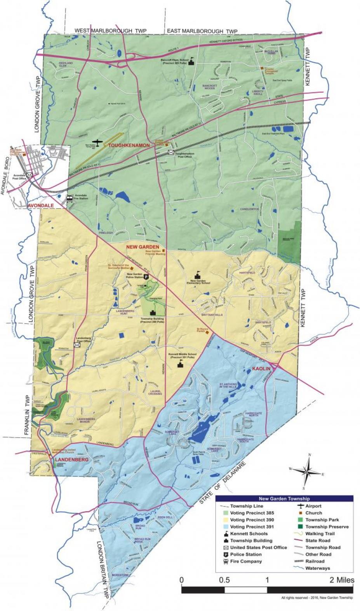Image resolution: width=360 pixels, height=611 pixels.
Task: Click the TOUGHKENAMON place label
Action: (x=129, y=145)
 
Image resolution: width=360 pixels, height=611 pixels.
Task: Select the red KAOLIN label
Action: (x=261, y=368)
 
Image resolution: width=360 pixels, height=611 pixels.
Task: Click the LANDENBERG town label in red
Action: (x=71, y=460)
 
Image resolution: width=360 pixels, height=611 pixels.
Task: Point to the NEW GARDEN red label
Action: (x=143, y=247)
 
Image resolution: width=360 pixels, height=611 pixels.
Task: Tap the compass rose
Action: (x=307, y=471)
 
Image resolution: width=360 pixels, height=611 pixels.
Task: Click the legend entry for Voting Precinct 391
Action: (x=252, y=527)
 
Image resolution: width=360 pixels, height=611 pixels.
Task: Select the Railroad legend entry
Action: (x=315, y=561)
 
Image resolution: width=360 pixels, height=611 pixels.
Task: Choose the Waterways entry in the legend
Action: (x=317, y=568)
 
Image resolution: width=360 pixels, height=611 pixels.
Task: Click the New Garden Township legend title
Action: (x=284, y=499)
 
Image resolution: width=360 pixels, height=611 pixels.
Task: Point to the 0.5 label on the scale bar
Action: (x=224, y=580)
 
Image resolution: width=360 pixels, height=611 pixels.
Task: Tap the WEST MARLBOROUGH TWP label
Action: (x=110, y=30)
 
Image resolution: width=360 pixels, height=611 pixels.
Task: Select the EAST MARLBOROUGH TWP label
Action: (x=202, y=31)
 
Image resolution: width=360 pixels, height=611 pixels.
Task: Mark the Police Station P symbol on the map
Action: (x=146, y=277)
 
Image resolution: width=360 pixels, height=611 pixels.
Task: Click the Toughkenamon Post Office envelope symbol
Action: (x=171, y=152)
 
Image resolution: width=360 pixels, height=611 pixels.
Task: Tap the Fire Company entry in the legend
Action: (x=246, y=561)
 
